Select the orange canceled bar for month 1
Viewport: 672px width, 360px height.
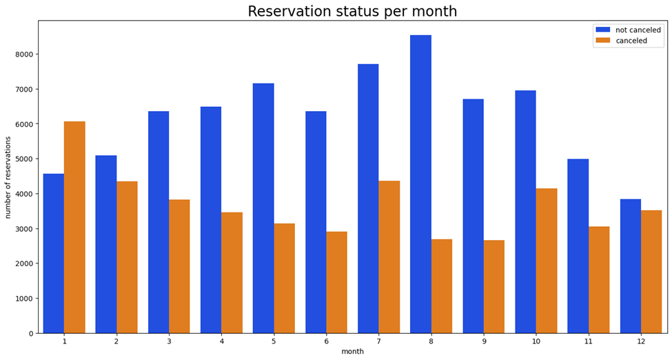click(x=74, y=228)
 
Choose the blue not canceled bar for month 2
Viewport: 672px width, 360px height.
click(x=105, y=244)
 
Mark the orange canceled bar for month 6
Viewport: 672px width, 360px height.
click(x=336, y=282)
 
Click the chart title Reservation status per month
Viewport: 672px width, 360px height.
click(x=352, y=12)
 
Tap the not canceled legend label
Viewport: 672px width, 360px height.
click(x=638, y=30)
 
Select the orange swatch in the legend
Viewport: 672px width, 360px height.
click(x=603, y=41)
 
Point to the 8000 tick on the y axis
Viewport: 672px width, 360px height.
click(x=22, y=54)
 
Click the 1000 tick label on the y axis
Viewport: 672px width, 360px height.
click(x=22, y=299)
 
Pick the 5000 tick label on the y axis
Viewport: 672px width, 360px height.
click(x=22, y=159)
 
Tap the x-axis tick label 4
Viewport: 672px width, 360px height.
click(x=221, y=341)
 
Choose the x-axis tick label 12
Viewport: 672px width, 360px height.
click(x=640, y=341)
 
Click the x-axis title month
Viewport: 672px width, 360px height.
click(x=352, y=352)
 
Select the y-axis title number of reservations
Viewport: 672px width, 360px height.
click(x=8, y=177)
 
